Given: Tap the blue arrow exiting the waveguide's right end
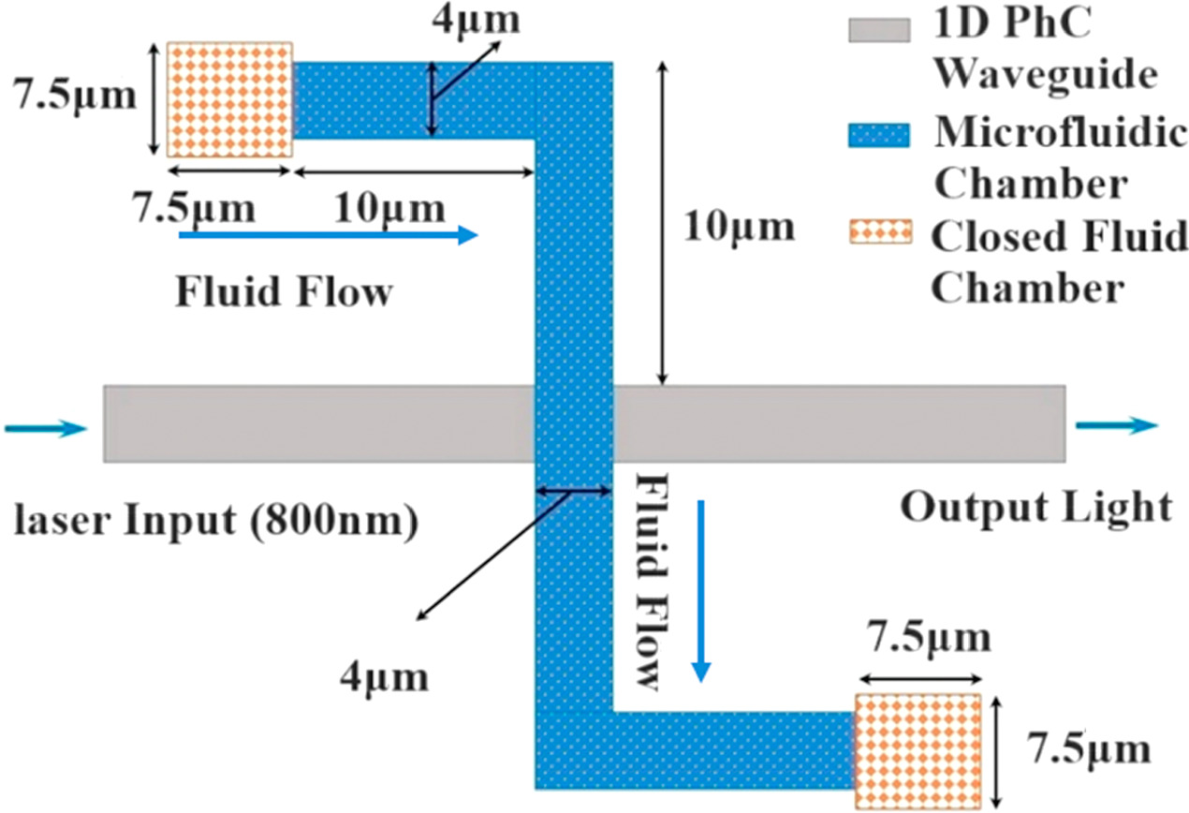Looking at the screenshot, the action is [1115, 426].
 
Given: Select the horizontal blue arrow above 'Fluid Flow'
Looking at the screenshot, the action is [329, 236].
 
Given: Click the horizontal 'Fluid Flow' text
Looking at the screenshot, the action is [282, 292].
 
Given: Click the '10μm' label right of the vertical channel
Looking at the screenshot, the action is [739, 227].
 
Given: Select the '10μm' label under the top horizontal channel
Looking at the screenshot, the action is [389, 208].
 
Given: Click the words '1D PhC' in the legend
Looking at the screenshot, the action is [1009, 28].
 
